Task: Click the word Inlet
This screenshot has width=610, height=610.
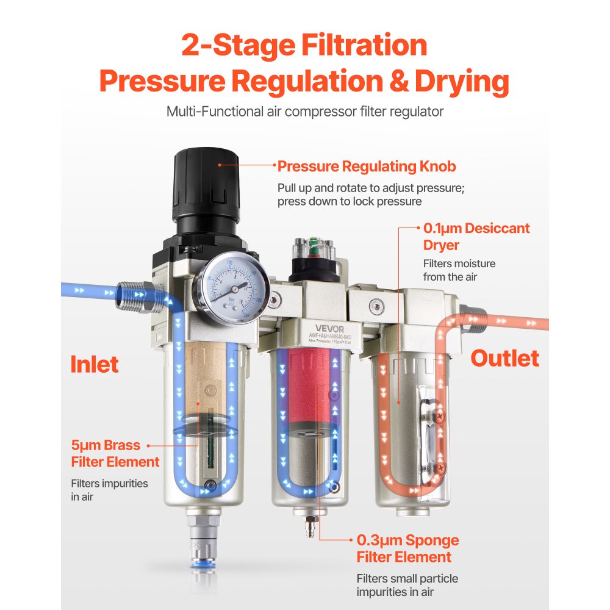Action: coord(95,364)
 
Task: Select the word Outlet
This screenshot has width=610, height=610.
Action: coord(504,358)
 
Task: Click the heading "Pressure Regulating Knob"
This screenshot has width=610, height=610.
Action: coord(367,167)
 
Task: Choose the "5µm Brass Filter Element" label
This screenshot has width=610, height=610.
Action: coord(115,453)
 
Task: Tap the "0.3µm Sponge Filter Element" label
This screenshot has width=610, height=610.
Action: coord(407,548)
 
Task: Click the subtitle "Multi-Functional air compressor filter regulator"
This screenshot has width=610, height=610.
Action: coord(304,112)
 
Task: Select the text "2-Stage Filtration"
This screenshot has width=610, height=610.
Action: coord(304,46)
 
